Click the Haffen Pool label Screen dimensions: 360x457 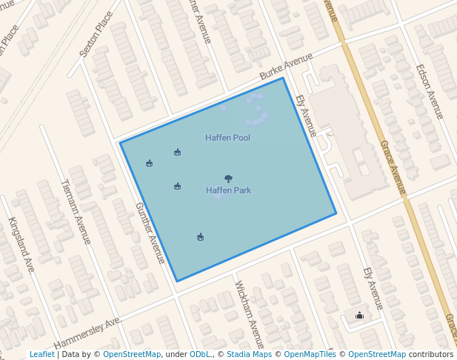pos(227,139)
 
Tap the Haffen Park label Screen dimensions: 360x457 pos(228,190)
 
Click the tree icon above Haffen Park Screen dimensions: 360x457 pos(228,179)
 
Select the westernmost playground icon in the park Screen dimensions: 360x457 pos(150,164)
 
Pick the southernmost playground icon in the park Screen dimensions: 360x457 pos(200,237)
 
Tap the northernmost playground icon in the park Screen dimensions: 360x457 pos(177,153)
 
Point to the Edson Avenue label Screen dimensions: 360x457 pos(430,91)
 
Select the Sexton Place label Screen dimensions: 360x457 pos(96,34)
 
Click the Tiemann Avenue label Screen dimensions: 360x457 pos(76,212)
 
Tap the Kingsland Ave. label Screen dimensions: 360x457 pos(22,244)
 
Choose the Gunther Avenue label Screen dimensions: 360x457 pos(150,233)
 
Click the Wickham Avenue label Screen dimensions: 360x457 pos(249,314)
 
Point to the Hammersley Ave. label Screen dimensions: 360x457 pos(87,334)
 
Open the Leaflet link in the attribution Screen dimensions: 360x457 pos(42,354)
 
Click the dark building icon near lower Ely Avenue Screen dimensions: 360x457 pos(360,316)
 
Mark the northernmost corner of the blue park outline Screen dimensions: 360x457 pos(283,78)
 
